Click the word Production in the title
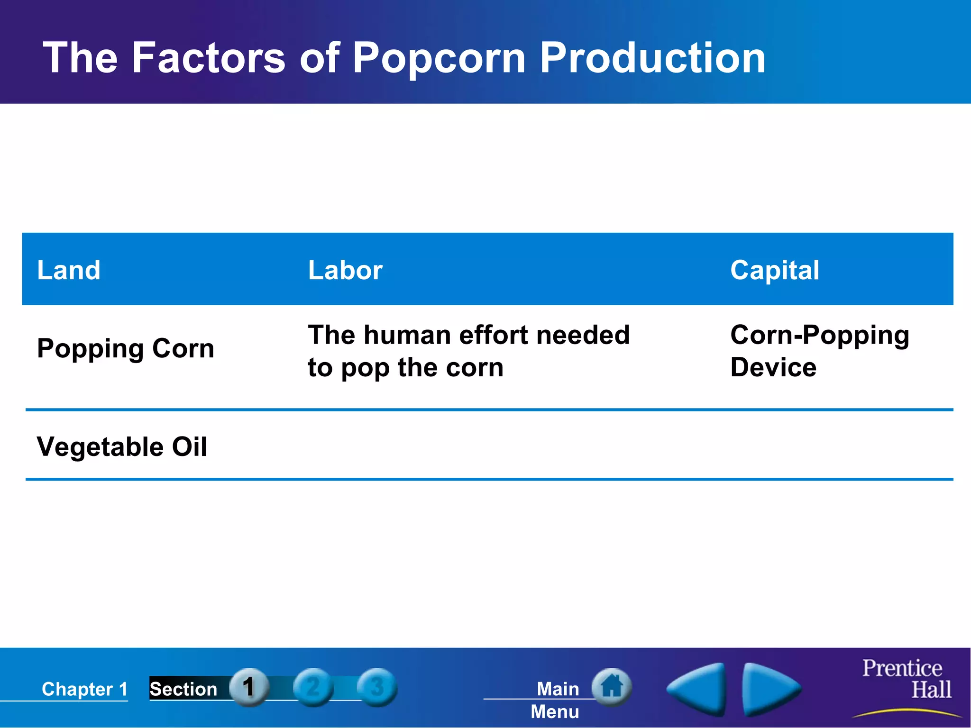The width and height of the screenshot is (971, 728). [652, 58]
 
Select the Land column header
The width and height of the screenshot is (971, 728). [69, 270]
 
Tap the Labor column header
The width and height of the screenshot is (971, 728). [345, 270]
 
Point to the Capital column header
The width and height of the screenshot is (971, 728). [774, 270]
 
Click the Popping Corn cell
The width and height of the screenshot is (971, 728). [126, 349]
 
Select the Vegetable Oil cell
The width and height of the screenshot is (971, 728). [122, 447]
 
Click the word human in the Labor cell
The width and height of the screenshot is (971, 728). [407, 335]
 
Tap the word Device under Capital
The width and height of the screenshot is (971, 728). [773, 367]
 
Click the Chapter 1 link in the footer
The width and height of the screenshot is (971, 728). [85, 689]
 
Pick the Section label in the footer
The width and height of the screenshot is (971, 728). [183, 689]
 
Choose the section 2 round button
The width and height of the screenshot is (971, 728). [313, 687]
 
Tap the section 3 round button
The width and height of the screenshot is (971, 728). [377, 687]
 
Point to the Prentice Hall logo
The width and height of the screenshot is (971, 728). [906, 680]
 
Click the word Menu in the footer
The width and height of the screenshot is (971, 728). [555, 712]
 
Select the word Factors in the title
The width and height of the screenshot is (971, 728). [209, 58]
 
